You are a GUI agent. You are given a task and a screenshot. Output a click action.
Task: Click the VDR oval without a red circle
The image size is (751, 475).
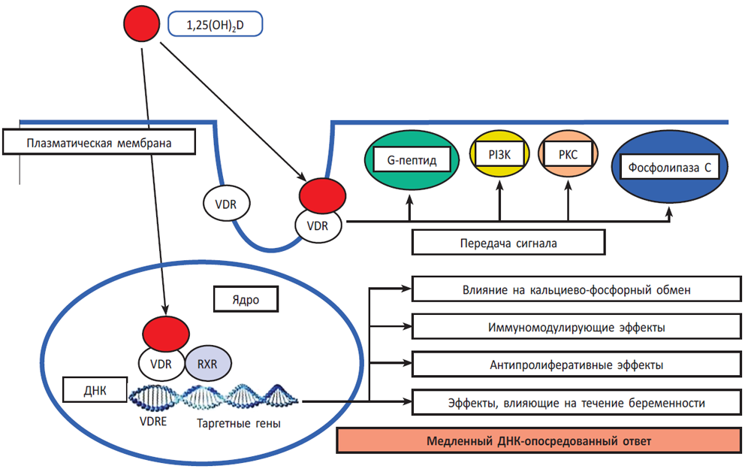click(227, 204)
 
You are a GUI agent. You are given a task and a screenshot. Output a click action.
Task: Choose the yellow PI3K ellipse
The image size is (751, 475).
click(499, 156)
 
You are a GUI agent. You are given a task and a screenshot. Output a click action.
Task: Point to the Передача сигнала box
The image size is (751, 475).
click(508, 244)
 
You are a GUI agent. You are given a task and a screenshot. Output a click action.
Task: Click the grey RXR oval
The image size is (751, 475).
click(208, 365)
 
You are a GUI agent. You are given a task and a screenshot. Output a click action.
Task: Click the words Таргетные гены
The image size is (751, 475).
click(239, 423)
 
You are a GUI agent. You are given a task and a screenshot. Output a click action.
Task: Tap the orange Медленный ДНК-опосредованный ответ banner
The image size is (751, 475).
click(539, 440)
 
